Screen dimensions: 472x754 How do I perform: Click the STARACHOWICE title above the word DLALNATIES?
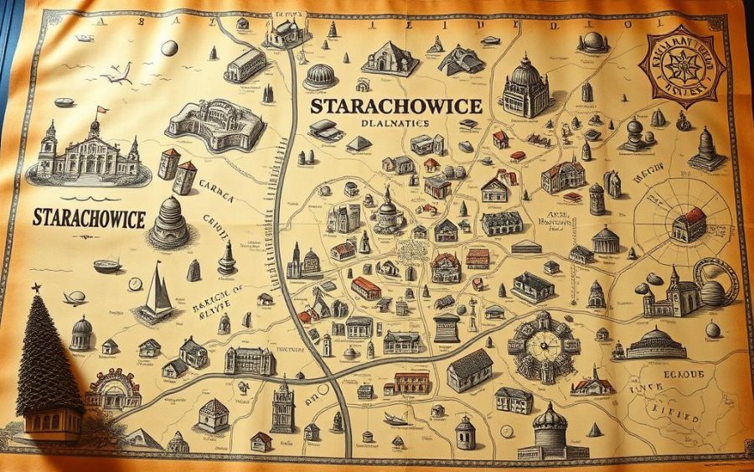[395, 106]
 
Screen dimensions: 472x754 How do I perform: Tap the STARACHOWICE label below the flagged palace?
[90, 218]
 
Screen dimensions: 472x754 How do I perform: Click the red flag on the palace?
[102, 109]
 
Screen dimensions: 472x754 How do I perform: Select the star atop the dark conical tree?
[37, 288]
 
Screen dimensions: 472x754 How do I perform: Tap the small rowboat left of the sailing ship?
[107, 266]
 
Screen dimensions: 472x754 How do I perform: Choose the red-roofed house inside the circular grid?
[689, 224]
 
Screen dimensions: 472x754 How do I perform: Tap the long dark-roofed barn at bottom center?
[470, 369]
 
